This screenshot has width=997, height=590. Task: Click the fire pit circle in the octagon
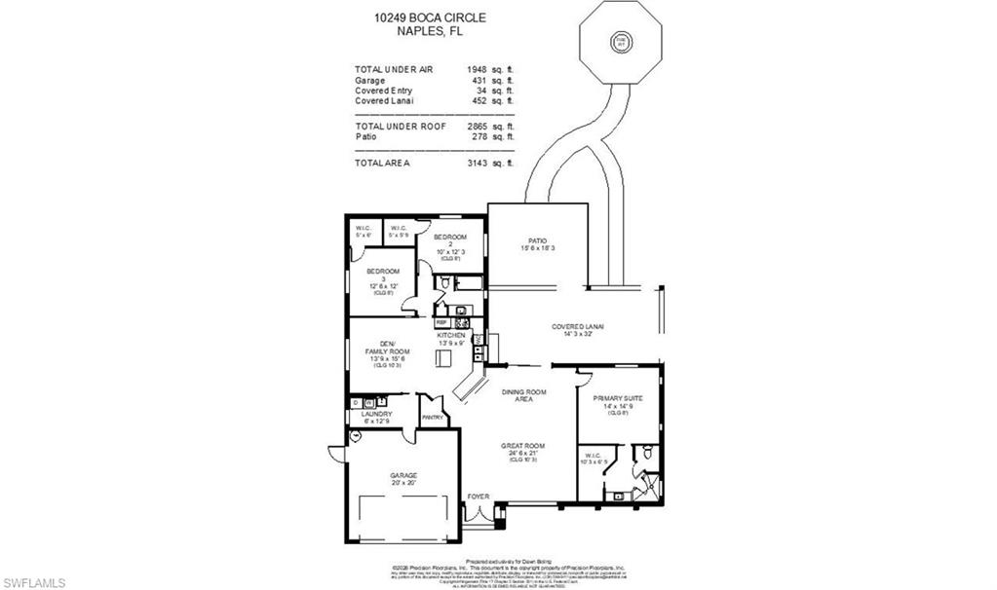(619, 42)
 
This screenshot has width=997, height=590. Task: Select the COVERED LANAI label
(577, 326)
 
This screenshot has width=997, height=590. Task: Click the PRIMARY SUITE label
(619, 397)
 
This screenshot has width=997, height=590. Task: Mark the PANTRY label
(433, 418)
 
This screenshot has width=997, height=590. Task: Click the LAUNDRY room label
(376, 414)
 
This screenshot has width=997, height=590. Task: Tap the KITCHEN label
(450, 335)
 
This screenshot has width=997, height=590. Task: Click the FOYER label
(478, 497)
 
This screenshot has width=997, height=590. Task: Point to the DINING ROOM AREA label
(524, 395)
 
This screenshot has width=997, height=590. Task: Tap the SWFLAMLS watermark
(33, 582)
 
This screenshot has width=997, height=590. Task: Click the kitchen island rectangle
(444, 357)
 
